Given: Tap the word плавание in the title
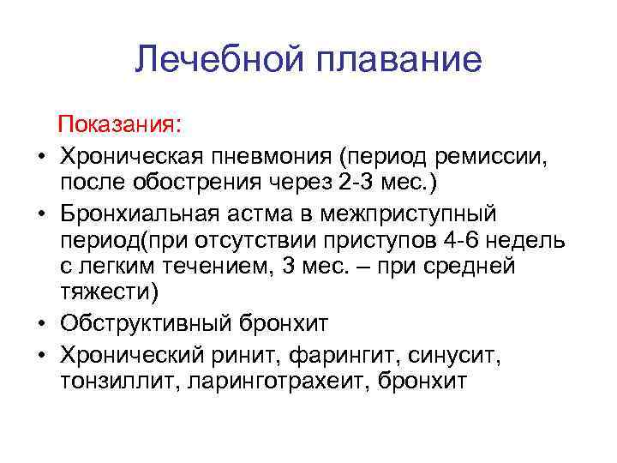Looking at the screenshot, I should (400, 60).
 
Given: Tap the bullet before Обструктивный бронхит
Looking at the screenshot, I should (40, 324).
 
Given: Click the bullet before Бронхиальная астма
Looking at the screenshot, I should (40, 213).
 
